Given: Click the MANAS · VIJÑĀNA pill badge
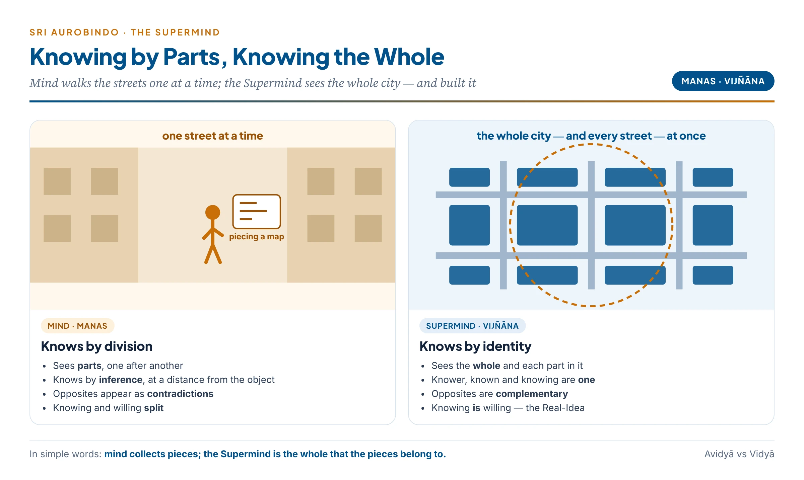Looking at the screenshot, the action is (x=723, y=81).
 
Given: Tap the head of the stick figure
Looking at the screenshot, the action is (x=212, y=212).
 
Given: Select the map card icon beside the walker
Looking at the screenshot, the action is (x=257, y=212).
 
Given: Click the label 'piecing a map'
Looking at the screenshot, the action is (x=257, y=237).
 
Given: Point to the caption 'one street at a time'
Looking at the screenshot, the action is (x=212, y=136).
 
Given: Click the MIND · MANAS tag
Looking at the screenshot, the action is (x=77, y=326).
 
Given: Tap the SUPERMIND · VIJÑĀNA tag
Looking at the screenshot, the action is (x=472, y=326).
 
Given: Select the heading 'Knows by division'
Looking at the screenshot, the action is (x=97, y=346).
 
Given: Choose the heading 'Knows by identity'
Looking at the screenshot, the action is (x=475, y=346).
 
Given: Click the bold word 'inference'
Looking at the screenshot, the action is (x=121, y=380).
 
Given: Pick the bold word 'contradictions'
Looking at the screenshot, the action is (x=180, y=394).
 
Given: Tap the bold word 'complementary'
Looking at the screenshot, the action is (x=532, y=394).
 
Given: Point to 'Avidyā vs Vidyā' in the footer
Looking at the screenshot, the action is (x=739, y=454).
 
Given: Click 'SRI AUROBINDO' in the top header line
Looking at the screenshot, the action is (x=74, y=32).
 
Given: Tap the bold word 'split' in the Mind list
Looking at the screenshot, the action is (x=154, y=408).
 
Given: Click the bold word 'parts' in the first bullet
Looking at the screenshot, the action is (x=89, y=366).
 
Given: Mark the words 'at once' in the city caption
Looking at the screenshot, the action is (x=686, y=136).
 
